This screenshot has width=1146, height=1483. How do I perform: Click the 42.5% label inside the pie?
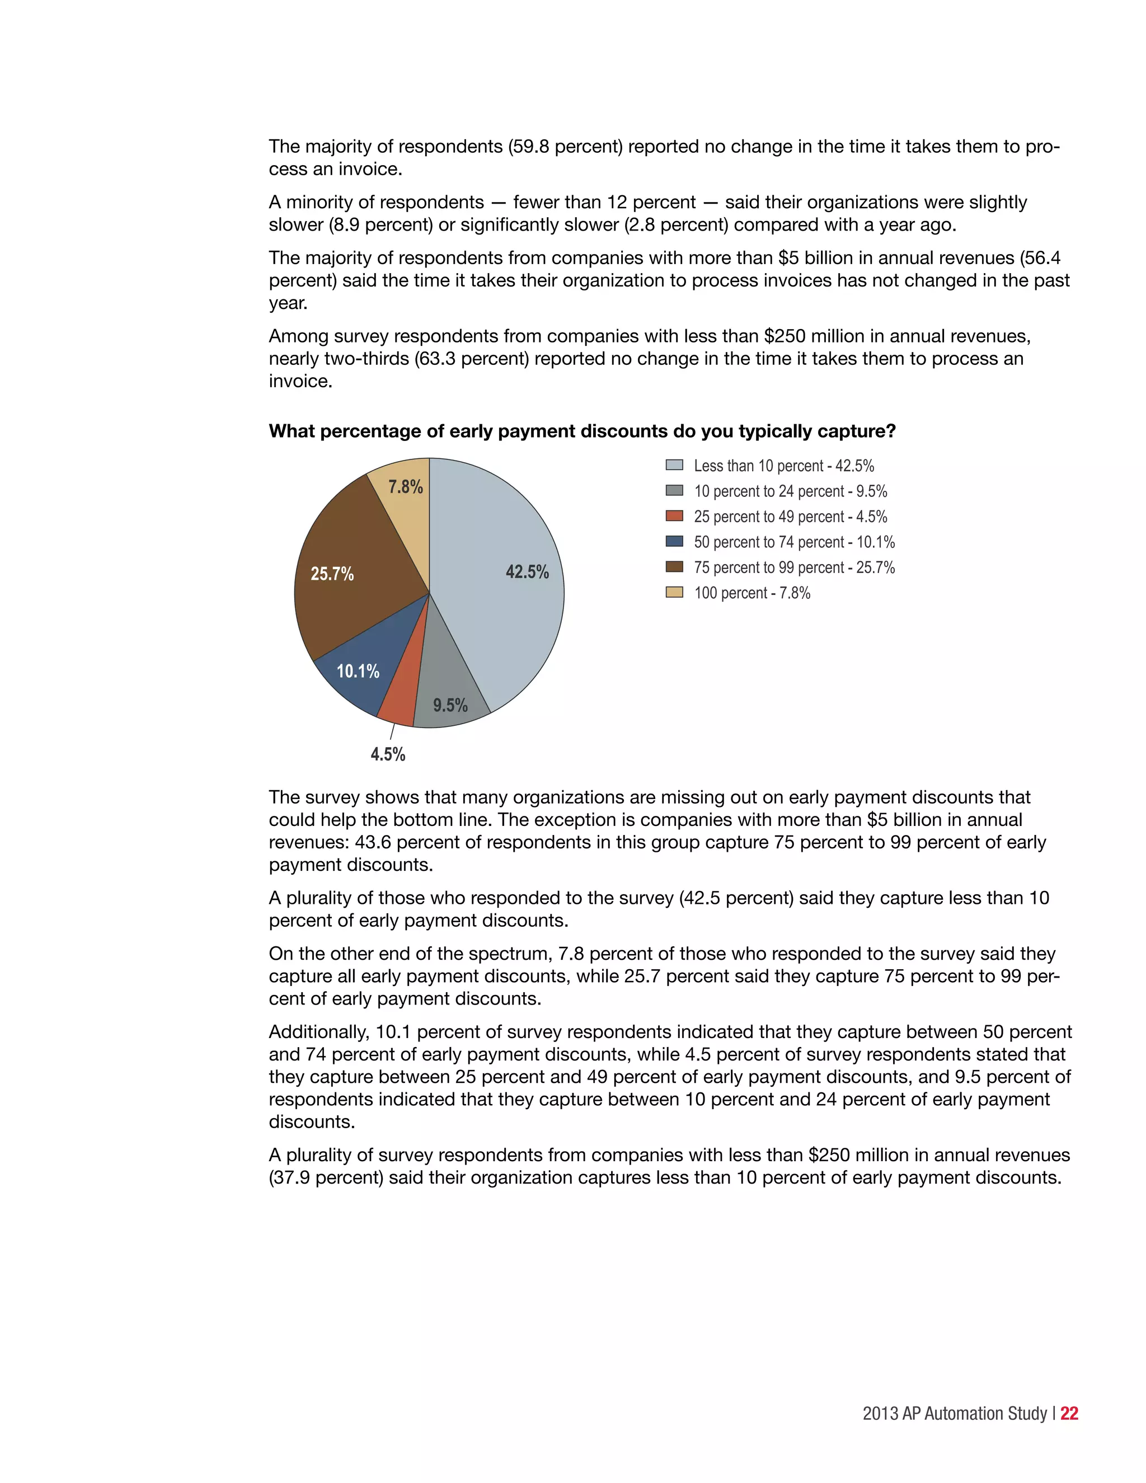[x=527, y=572]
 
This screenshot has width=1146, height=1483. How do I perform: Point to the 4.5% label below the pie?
[x=388, y=754]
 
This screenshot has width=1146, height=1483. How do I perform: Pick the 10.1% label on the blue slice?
[x=358, y=671]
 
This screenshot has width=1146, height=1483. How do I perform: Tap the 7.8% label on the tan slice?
[x=405, y=486]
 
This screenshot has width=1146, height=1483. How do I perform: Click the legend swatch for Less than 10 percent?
[x=674, y=465]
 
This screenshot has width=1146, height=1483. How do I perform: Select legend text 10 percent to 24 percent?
[x=790, y=491]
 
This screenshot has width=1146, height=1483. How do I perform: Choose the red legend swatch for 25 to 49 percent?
[x=674, y=516]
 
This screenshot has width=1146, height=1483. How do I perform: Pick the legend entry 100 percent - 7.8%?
[x=752, y=593]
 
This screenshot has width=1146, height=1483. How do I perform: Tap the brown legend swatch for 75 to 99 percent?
[x=674, y=567]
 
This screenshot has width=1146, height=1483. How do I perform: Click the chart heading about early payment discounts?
[x=582, y=431]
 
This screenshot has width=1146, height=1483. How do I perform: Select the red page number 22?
[x=1069, y=1413]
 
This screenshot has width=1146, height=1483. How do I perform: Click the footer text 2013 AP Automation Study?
[x=955, y=1413]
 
